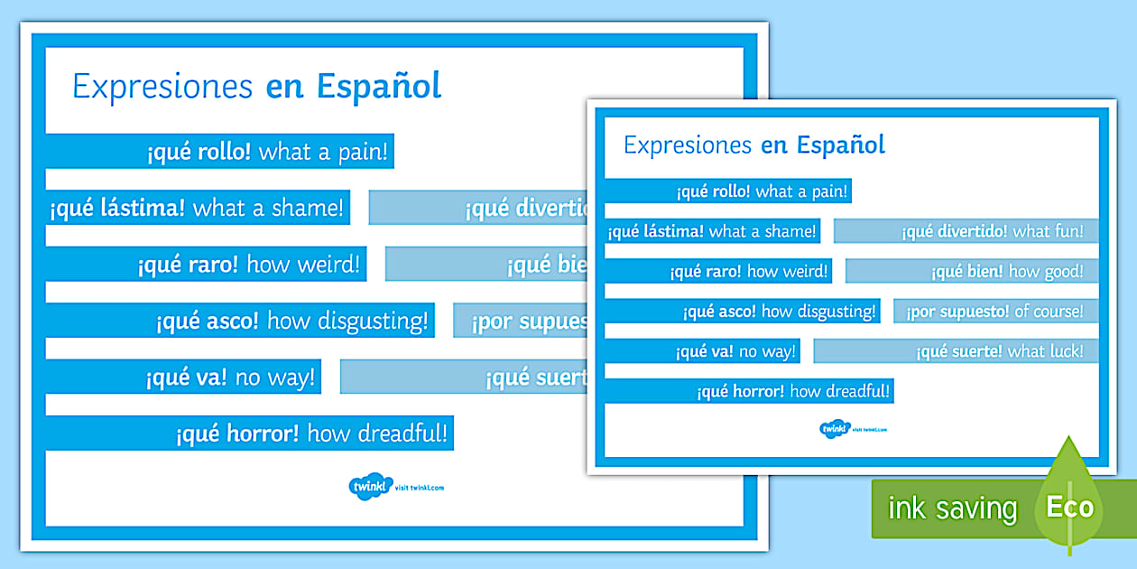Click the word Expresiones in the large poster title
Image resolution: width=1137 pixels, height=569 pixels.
pyautogui.click(x=162, y=87)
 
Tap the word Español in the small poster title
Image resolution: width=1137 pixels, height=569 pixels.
pyautogui.click(x=839, y=145)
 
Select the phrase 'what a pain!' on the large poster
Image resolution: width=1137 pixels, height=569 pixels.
pyautogui.click(x=323, y=152)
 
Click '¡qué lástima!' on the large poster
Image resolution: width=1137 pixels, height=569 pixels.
pyautogui.click(x=117, y=209)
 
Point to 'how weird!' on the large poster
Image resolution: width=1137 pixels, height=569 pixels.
pyautogui.click(x=303, y=265)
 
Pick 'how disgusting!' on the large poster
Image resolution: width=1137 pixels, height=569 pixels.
pyautogui.click(x=347, y=321)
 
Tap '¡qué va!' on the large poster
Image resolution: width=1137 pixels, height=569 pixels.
pyautogui.click(x=185, y=378)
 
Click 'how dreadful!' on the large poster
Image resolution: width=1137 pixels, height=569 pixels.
pyautogui.click(x=377, y=434)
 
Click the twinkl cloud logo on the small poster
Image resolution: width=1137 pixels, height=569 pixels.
pyautogui.click(x=835, y=429)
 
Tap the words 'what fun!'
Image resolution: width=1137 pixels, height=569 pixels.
pyautogui.click(x=1048, y=231)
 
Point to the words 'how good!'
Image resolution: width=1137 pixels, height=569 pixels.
pyautogui.click(x=1046, y=271)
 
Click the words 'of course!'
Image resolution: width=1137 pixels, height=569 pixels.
pyautogui.click(x=1049, y=312)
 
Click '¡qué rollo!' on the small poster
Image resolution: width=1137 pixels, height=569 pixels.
pyautogui.click(x=713, y=191)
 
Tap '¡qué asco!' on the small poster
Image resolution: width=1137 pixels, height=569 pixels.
pyautogui.click(x=720, y=312)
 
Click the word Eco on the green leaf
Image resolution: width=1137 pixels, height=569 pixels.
pyautogui.click(x=1069, y=507)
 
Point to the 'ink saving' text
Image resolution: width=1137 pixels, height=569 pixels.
pyautogui.click(x=952, y=508)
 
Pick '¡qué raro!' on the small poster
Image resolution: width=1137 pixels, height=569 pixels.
pyautogui.click(x=706, y=271)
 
